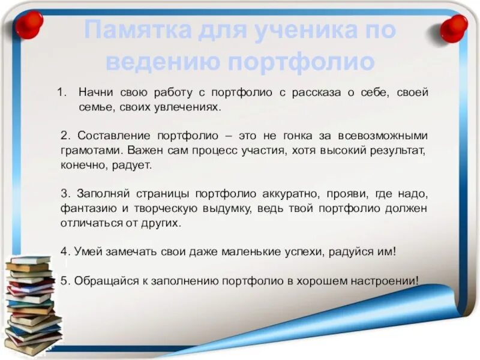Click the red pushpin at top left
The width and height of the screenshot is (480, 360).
pos(28,24)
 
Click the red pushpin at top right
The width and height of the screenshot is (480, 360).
pos(454,27)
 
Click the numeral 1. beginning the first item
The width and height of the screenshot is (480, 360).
pos(61,94)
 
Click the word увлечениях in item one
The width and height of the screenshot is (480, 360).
pos(191,108)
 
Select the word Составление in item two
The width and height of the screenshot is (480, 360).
pos(105,136)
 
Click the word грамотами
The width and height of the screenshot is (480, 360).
pos(89,151)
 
